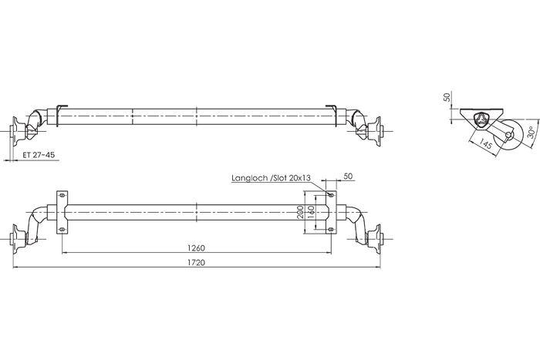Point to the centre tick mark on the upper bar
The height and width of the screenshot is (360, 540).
(197, 116)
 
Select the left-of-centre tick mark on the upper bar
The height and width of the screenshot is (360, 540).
(133, 116)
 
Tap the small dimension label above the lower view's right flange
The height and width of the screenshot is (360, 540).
(346, 177)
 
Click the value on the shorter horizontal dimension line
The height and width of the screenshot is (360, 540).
(197, 247)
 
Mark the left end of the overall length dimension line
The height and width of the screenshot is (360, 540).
(14, 268)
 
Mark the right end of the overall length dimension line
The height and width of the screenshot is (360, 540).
(380, 268)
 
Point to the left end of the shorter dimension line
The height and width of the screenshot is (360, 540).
(62, 252)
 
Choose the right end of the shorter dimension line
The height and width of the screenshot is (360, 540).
(332, 252)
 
